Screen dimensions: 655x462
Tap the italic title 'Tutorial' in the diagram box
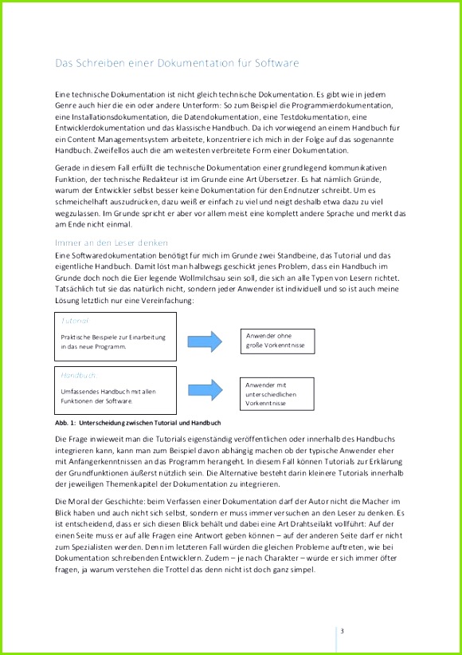(x=76, y=320)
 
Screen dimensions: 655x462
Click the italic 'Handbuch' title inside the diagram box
(x=78, y=373)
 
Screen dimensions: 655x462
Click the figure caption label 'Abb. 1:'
(x=65, y=423)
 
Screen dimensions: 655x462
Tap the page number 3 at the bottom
(x=342, y=632)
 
